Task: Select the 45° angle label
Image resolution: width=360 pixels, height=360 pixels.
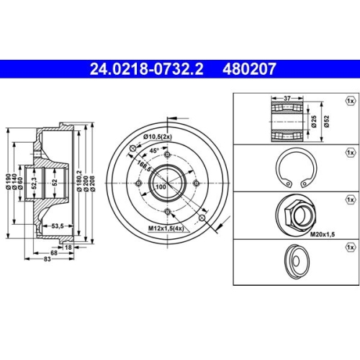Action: pos(154,151)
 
